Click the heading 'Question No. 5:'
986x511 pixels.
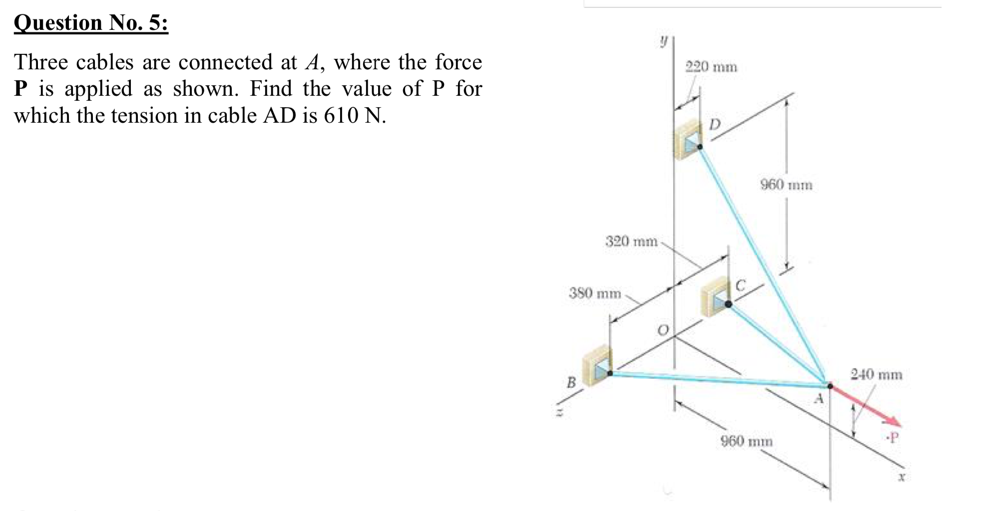pos(91,23)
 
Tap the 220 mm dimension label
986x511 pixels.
pos(711,67)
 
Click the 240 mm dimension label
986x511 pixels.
pos(877,374)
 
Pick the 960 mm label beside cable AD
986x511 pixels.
pos(786,185)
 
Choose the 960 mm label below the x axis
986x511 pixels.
pos(746,441)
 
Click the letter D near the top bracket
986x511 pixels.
pos(715,124)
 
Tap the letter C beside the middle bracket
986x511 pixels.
pos(741,285)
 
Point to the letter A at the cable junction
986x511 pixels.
pos(819,399)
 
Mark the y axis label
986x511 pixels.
pos(663,42)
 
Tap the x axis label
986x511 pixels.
pos(902,477)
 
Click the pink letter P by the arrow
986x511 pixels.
pos(894,438)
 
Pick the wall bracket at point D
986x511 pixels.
pos(687,140)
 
